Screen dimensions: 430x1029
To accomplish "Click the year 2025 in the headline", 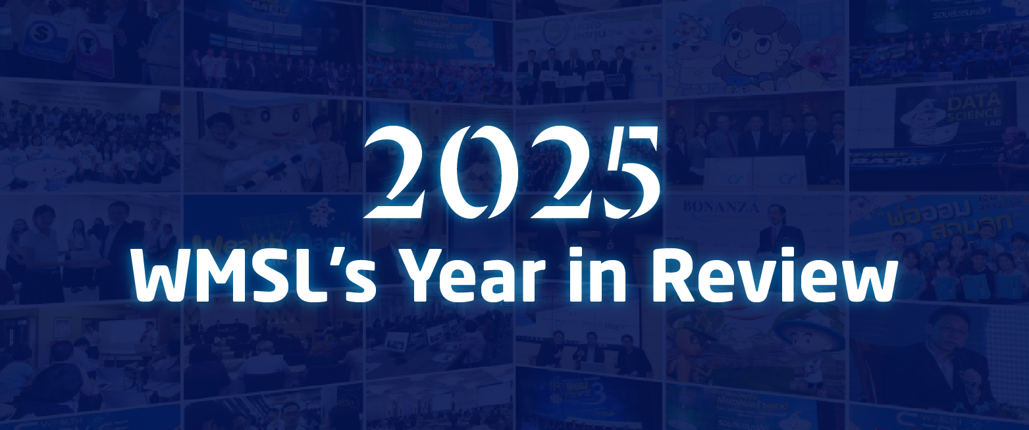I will click(514, 173).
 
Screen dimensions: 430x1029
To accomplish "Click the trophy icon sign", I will click(93, 50).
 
